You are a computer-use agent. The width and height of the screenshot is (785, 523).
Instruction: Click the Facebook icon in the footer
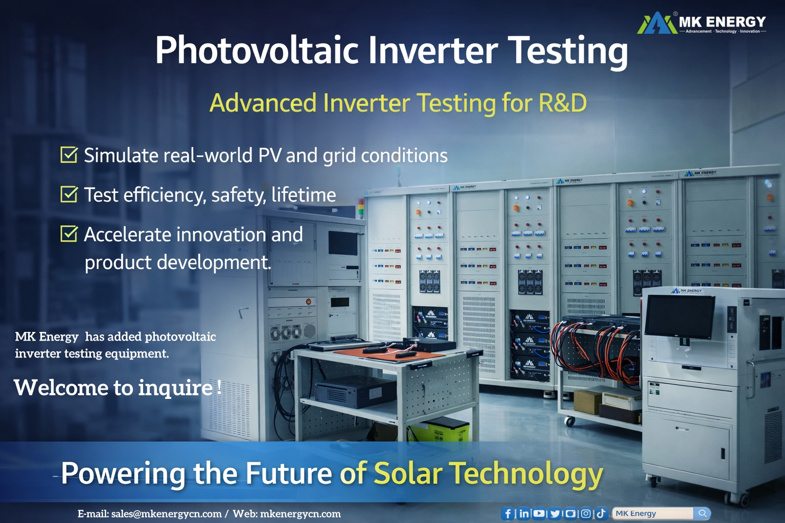(x=507, y=514)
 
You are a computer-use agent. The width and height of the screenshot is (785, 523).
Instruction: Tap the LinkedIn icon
(x=524, y=514)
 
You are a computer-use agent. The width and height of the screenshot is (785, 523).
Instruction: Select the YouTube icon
(x=539, y=514)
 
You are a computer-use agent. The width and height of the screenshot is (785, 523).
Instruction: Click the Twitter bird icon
(x=555, y=514)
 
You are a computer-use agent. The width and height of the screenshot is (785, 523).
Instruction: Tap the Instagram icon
(x=586, y=514)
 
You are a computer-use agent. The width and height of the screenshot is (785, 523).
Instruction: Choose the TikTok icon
(x=601, y=513)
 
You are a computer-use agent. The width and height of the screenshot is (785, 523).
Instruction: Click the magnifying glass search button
(x=702, y=513)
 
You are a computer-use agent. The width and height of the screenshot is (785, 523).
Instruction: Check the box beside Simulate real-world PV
(x=68, y=155)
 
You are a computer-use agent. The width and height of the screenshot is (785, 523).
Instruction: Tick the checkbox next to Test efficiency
(x=68, y=194)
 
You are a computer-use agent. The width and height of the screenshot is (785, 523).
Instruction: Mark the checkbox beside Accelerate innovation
(x=68, y=234)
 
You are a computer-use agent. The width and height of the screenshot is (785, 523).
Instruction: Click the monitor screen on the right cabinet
(x=680, y=316)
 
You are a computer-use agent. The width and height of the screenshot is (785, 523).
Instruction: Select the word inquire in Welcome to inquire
(x=175, y=388)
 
